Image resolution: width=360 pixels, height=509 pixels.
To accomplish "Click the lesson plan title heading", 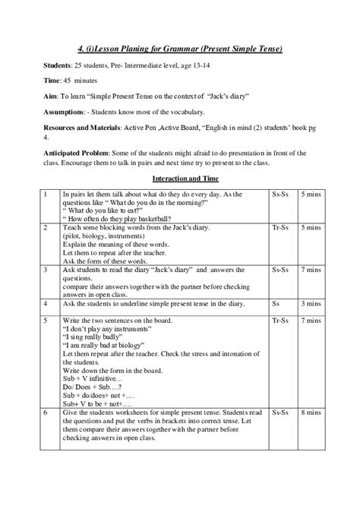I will (179, 49).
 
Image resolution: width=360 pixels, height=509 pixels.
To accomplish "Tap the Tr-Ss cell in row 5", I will (278, 321).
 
